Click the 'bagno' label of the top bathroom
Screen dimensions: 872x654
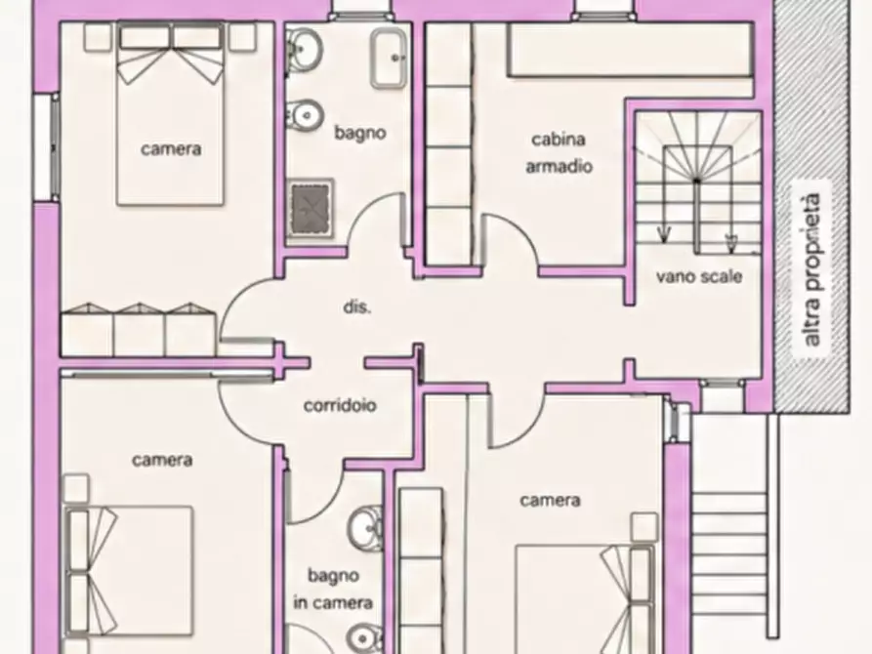pos(359,133)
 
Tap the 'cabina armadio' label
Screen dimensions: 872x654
pos(559,152)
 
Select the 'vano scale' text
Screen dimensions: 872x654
pos(699,276)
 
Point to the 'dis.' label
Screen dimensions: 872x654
pos(357,307)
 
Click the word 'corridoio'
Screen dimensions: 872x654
pos(340,405)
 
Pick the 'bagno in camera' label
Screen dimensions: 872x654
pos(333,589)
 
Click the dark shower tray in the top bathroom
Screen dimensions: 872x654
pos(311,208)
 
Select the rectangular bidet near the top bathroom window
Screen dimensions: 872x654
pos(389,59)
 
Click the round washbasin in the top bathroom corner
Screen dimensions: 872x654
pos(304,50)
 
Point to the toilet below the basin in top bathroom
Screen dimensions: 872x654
pos(305,115)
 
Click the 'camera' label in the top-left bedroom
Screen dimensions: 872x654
pos(171,149)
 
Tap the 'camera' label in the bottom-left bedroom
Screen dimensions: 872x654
pos(162,460)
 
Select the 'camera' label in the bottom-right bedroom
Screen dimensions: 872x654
pos(550,500)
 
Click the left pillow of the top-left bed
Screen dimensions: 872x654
pos(145,37)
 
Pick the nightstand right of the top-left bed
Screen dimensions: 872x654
pos(242,37)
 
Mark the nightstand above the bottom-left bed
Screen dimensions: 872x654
pos(75,488)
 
